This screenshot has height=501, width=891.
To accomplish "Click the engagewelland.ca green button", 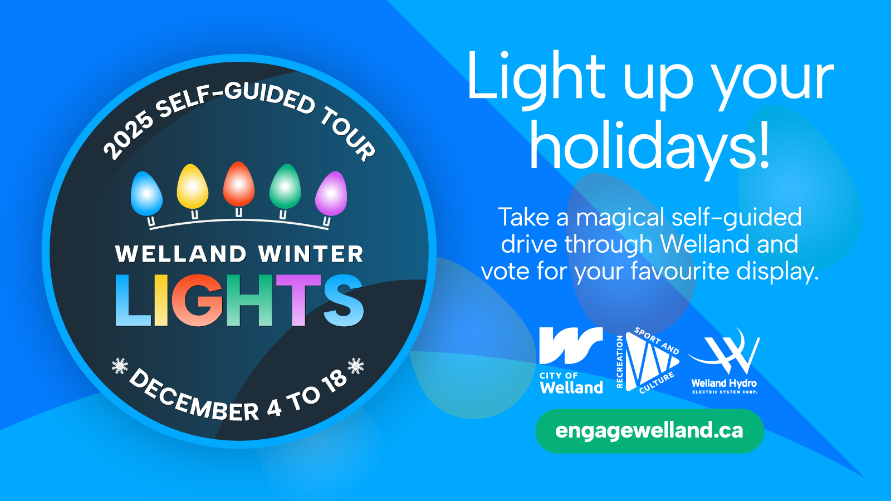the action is coord(649,431).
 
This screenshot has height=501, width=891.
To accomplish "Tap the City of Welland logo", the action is coord(571,360).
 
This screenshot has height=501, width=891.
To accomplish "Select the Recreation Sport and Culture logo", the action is coord(647,360).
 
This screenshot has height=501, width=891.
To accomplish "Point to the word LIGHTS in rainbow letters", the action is coord(239,300).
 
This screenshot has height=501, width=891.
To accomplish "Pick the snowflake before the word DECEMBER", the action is coord(120,366).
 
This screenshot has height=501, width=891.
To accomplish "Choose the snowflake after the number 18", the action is coord(356,366).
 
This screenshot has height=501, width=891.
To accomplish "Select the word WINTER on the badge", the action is coord(311,254).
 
